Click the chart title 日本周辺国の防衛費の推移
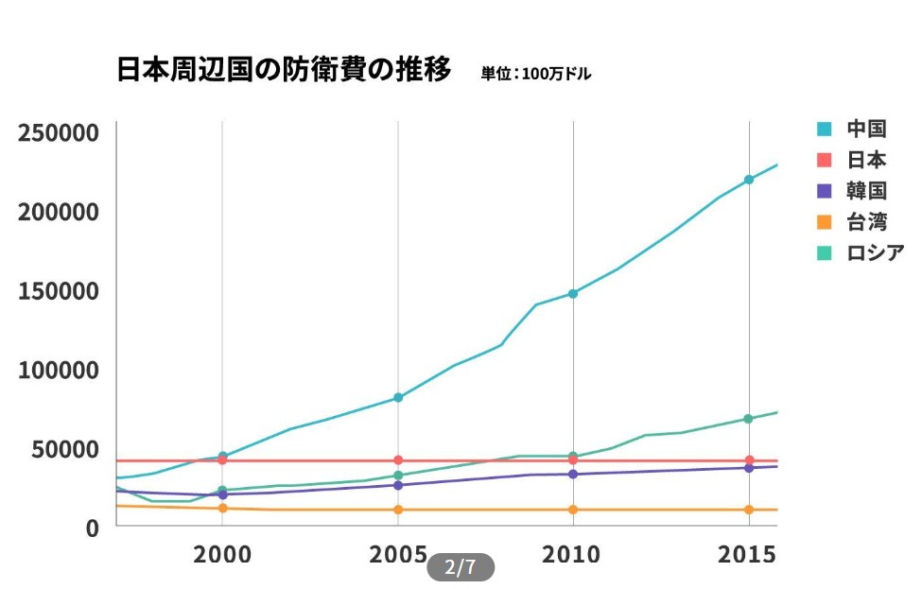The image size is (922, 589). pyautogui.click(x=284, y=70)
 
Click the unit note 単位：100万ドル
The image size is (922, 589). pyautogui.click(x=535, y=74)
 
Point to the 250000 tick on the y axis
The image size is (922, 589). pyautogui.click(x=59, y=133)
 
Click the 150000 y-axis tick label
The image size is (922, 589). pyautogui.click(x=59, y=291)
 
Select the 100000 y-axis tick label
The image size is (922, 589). pyautogui.click(x=59, y=370)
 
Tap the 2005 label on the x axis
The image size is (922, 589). pyautogui.click(x=398, y=554)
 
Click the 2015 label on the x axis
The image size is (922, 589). pyautogui.click(x=748, y=554)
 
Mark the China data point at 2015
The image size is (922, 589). pyautogui.click(x=748, y=180)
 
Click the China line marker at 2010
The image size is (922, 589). pyautogui.click(x=573, y=293)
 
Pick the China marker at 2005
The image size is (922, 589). pyautogui.click(x=398, y=398)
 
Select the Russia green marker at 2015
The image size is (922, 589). pyautogui.click(x=748, y=419)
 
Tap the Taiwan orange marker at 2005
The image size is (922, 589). pyautogui.click(x=398, y=510)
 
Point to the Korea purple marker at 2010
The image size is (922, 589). pyautogui.click(x=573, y=474)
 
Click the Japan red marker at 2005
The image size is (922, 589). pyautogui.click(x=398, y=460)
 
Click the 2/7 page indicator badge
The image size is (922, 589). pyautogui.click(x=461, y=567)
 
